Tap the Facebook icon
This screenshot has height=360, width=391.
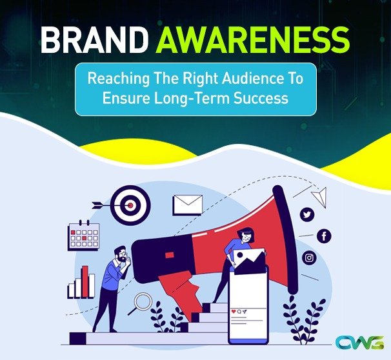click(323, 236)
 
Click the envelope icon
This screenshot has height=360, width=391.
click(188, 205)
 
